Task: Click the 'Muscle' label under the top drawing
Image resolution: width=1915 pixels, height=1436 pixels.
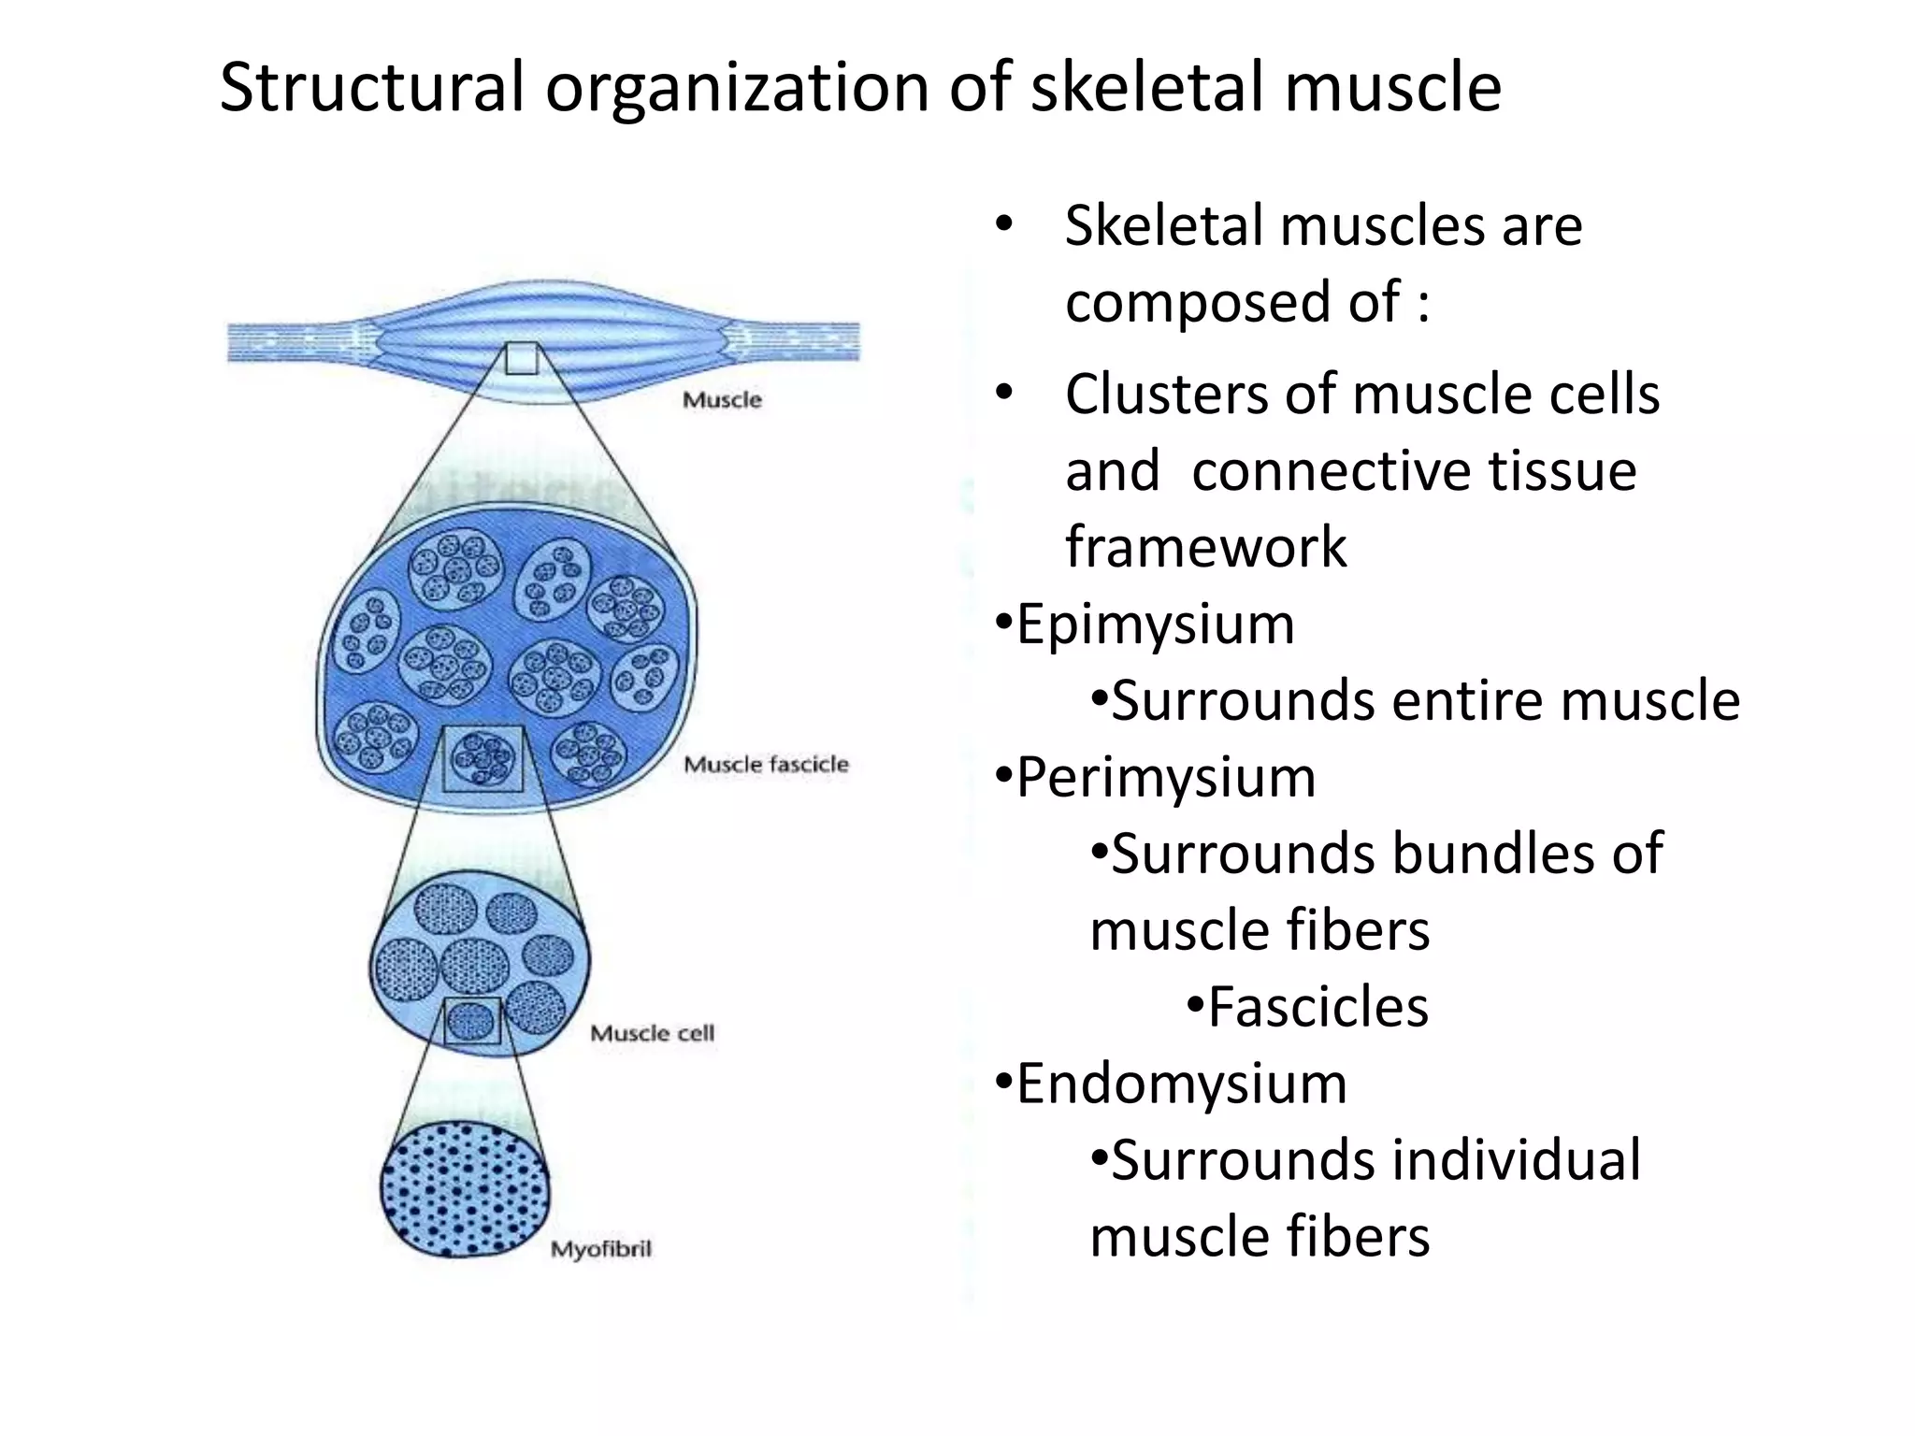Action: coord(722,400)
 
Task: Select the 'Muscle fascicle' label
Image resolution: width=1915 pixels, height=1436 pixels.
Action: coord(766,765)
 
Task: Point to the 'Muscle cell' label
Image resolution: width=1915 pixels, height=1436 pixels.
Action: coord(652,1033)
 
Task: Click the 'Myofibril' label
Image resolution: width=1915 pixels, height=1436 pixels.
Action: coord(600,1249)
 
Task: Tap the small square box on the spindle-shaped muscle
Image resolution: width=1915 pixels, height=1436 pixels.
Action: coord(522,359)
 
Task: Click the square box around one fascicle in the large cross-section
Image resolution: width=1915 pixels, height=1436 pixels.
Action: coord(482,758)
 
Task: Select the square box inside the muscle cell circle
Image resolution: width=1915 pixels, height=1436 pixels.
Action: coord(472,1021)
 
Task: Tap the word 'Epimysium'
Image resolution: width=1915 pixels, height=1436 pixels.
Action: coord(1156,625)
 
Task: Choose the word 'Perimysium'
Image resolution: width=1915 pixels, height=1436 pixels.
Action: coord(1166,778)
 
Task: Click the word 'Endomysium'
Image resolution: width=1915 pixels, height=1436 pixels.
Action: coord(1182,1084)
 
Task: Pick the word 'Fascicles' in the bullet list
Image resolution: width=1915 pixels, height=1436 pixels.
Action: coord(1318,1008)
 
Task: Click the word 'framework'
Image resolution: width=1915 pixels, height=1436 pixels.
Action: coord(1206,548)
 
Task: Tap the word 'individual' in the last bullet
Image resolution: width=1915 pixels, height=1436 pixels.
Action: coord(1516,1160)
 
